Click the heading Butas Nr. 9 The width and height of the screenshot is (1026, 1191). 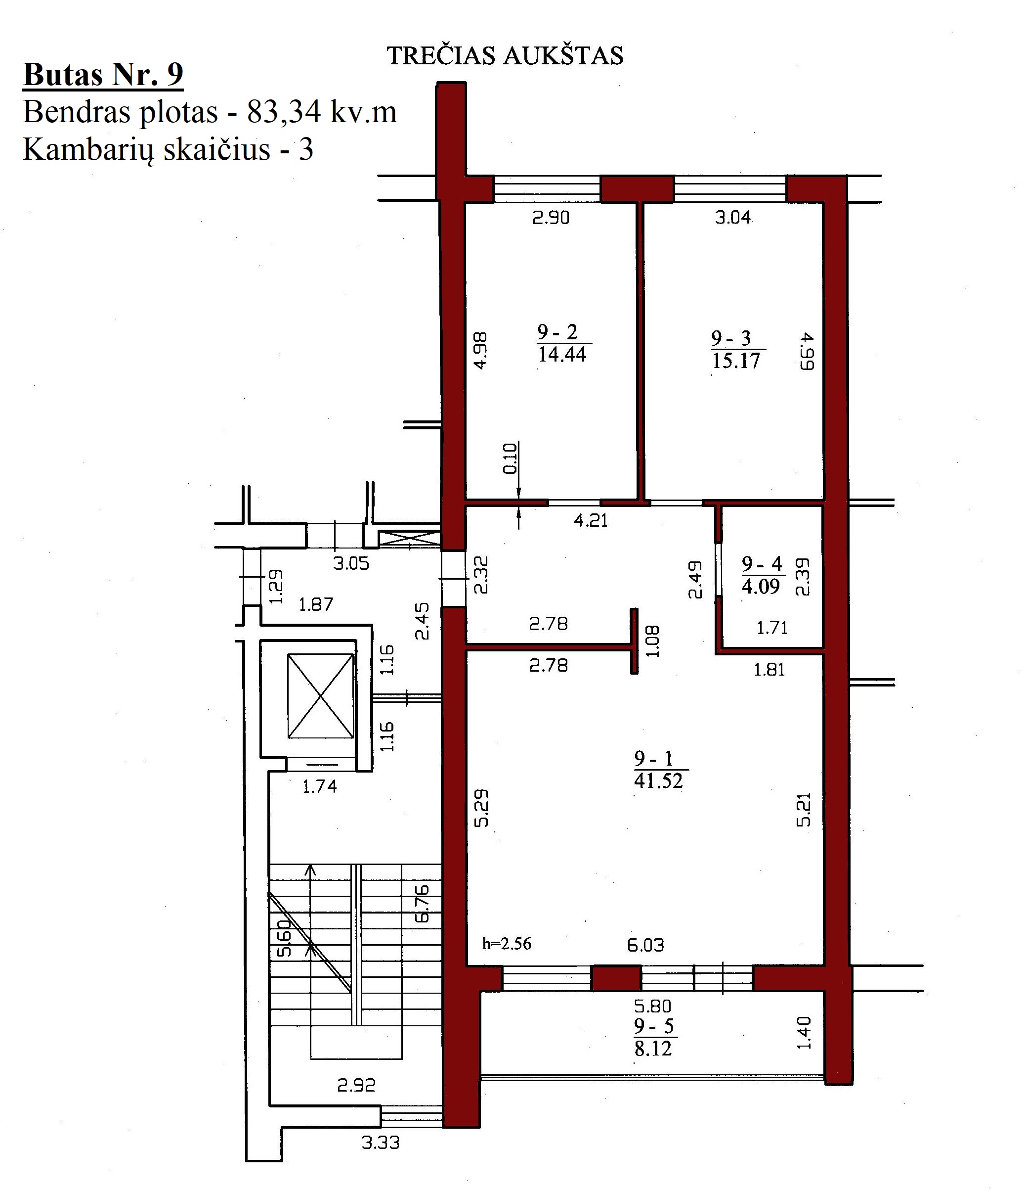pos(103,75)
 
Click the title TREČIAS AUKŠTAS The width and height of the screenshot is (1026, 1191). pos(505,56)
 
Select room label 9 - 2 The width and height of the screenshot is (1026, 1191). pos(557,332)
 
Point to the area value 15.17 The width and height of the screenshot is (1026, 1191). pos(736,361)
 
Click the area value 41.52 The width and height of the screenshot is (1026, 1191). pos(658,780)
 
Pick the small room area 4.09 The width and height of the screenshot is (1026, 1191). pos(761,586)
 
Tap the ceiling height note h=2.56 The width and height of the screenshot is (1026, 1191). pos(507,943)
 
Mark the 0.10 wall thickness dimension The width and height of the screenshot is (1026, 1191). pos(510,458)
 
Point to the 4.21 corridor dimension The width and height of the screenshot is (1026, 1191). pos(591,520)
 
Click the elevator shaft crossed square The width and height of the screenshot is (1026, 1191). pos(321,695)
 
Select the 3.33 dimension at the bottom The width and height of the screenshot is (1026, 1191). pos(380,1142)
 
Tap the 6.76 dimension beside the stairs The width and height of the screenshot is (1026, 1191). pos(422,904)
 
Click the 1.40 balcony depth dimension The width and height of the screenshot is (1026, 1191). pos(804,1032)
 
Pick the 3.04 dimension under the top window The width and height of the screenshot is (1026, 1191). pos(732,217)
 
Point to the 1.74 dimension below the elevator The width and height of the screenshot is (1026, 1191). pos(319,786)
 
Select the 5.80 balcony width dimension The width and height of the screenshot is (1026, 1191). pos(652,1006)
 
